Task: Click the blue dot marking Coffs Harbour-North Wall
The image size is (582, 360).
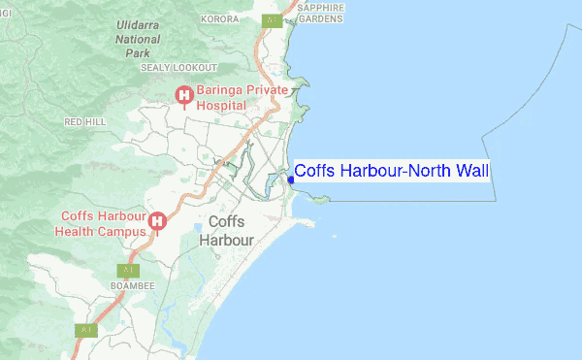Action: click(291, 179)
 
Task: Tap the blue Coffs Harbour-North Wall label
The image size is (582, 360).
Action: click(392, 172)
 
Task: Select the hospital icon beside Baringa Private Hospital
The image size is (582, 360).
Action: click(182, 93)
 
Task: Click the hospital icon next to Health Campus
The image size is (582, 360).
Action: click(157, 223)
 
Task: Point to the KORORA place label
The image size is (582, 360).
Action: click(220, 18)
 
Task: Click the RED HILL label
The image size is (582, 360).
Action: click(84, 122)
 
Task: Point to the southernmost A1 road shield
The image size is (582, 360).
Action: click(86, 330)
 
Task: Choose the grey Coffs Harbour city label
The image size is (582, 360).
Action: click(226, 230)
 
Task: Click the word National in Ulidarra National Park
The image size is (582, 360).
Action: click(138, 39)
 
